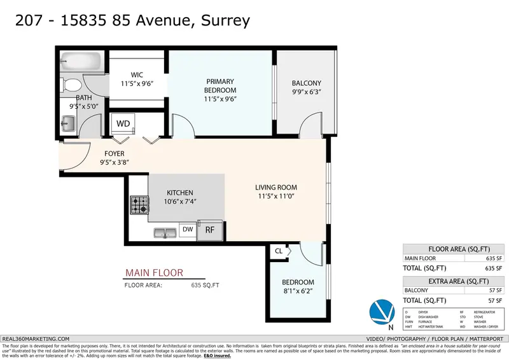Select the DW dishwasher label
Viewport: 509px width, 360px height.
click(x=187, y=229)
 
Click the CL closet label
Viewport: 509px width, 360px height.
click(x=278, y=251)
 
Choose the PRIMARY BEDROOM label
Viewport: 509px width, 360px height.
click(x=220, y=86)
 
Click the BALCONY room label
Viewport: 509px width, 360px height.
click(x=306, y=83)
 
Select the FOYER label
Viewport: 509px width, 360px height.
click(x=115, y=154)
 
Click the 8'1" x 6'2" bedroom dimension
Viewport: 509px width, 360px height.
click(x=298, y=293)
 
